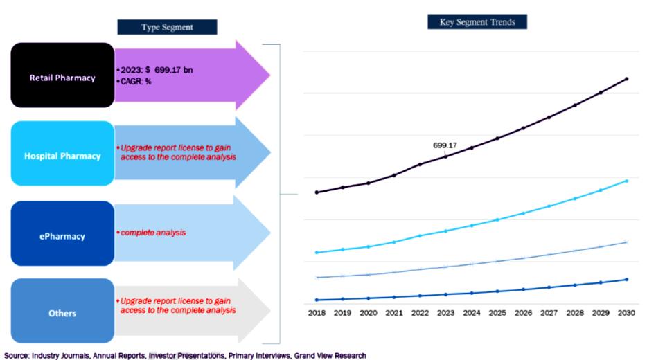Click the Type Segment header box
point(167,27)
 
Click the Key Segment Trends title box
point(477,22)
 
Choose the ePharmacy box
point(62,236)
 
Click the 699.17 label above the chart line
point(445,145)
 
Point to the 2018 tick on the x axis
point(317,313)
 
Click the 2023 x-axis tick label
point(445,313)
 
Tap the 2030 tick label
point(626,313)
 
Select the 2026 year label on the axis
point(523,313)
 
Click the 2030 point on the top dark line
point(626,79)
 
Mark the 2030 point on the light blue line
point(626,181)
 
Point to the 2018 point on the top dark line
point(317,192)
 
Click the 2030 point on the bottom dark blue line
point(626,280)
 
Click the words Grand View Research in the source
point(330,355)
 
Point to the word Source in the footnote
point(15,355)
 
